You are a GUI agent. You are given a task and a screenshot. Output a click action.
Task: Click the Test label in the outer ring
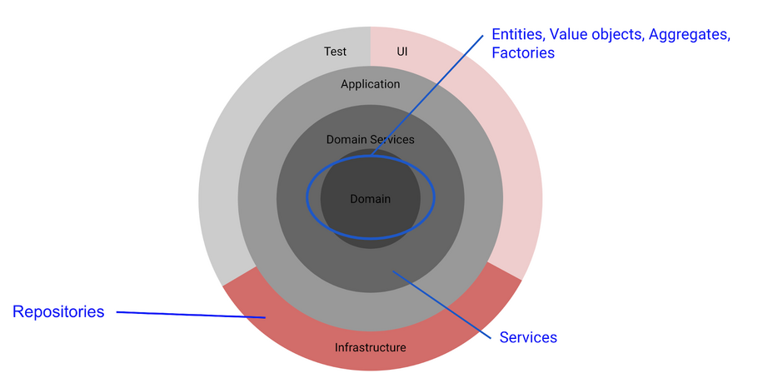tap(335, 52)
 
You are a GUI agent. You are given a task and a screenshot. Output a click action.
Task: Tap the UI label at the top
tap(402, 52)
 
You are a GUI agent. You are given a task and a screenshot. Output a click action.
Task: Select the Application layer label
tap(371, 84)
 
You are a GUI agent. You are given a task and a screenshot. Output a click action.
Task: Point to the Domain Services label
tap(371, 140)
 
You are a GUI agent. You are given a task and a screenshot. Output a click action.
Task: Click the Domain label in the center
tap(371, 199)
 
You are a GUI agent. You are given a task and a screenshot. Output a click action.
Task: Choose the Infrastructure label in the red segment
tap(371, 347)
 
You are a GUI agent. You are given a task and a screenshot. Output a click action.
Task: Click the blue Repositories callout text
tap(58, 312)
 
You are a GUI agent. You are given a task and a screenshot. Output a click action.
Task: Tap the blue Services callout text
tap(528, 337)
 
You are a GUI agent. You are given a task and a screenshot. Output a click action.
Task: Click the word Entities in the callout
tap(518, 35)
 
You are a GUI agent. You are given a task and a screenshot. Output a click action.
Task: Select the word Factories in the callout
tap(523, 53)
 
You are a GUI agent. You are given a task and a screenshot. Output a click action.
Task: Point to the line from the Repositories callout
tap(192, 315)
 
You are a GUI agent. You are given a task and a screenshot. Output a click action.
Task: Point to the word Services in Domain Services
tap(391, 140)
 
